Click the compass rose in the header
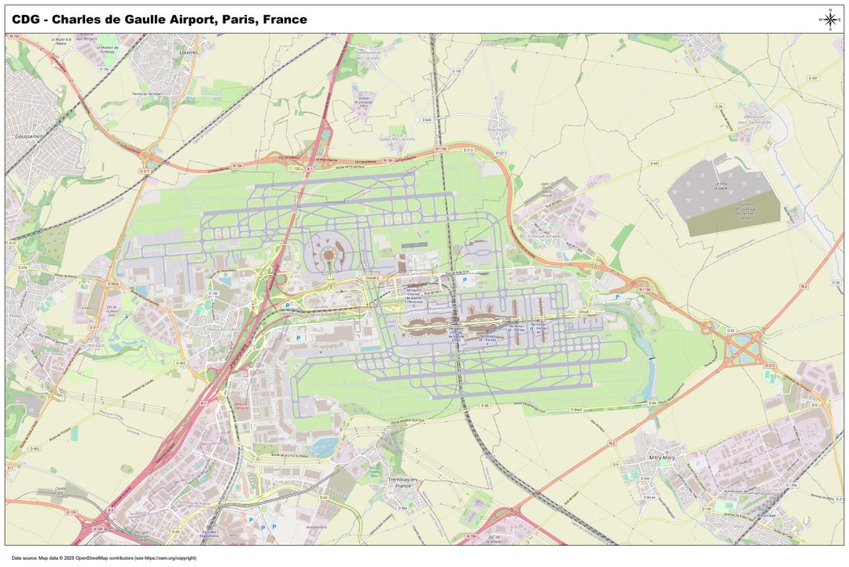click(x=830, y=20)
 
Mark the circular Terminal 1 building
click(x=328, y=255)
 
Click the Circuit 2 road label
click(x=373, y=278)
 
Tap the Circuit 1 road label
click(x=583, y=311)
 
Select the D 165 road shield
click(x=457, y=72)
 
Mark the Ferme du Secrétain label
click(x=147, y=94)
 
